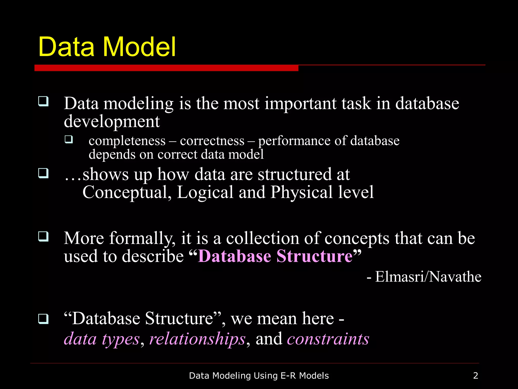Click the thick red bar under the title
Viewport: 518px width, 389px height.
166,68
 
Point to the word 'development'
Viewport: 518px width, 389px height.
112,122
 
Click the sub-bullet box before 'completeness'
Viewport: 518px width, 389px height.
69,139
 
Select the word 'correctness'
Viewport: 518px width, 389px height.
212,141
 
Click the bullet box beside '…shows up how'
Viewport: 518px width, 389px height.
43,173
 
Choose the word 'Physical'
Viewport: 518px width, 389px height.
301,192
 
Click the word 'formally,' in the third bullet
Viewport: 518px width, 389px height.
142,239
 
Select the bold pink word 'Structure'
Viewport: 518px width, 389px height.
314,256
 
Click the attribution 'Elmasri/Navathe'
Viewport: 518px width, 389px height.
428,277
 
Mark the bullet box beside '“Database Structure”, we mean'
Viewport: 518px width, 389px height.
43,319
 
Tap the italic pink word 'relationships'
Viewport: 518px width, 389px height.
197,339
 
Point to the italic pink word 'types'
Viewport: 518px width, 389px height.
121,340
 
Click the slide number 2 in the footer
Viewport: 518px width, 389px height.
476,376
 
